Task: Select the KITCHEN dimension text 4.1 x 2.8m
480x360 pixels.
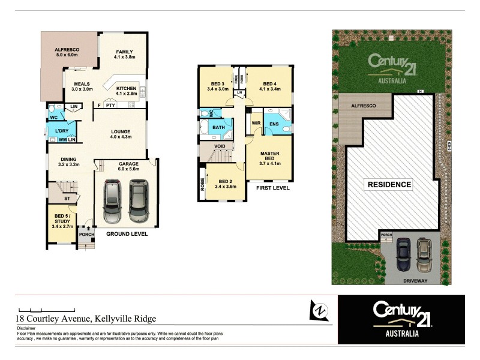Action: point(127,94)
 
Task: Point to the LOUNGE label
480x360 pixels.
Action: point(121,131)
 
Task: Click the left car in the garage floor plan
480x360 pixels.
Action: point(113,201)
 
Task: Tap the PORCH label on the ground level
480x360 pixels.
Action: point(86,235)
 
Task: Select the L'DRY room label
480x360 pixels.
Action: point(61,131)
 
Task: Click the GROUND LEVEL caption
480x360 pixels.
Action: point(127,235)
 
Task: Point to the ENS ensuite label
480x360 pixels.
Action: point(274,124)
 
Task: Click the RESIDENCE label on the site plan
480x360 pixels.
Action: point(389,184)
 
